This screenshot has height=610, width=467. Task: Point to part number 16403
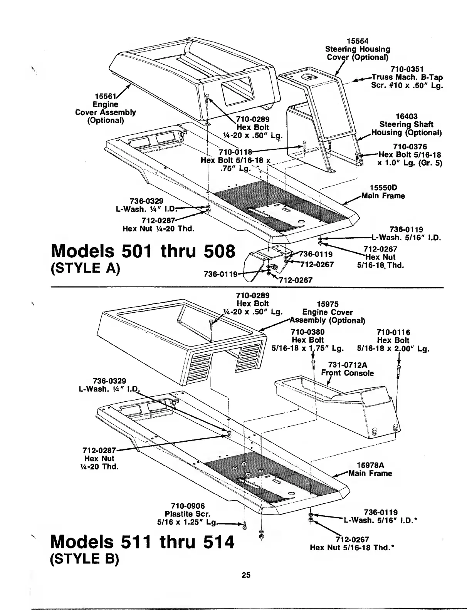406,116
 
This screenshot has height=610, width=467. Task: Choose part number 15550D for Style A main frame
383,188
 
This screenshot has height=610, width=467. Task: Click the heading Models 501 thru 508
143,252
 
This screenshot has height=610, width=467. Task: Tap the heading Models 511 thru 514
143,543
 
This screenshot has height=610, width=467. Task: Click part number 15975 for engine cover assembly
327,304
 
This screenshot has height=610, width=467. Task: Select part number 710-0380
307,332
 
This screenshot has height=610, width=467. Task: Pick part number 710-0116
393,332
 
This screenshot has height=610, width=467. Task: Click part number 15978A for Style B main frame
370,465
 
